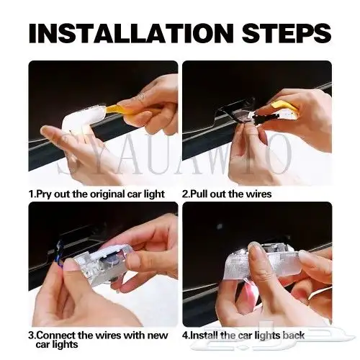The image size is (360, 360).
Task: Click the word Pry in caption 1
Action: click(43, 194)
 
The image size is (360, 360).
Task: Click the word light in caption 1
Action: click(154, 194)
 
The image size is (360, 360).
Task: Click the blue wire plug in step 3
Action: click(60, 252)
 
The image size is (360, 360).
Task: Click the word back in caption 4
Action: click(293, 336)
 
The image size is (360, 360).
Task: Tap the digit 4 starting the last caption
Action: click(185, 336)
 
